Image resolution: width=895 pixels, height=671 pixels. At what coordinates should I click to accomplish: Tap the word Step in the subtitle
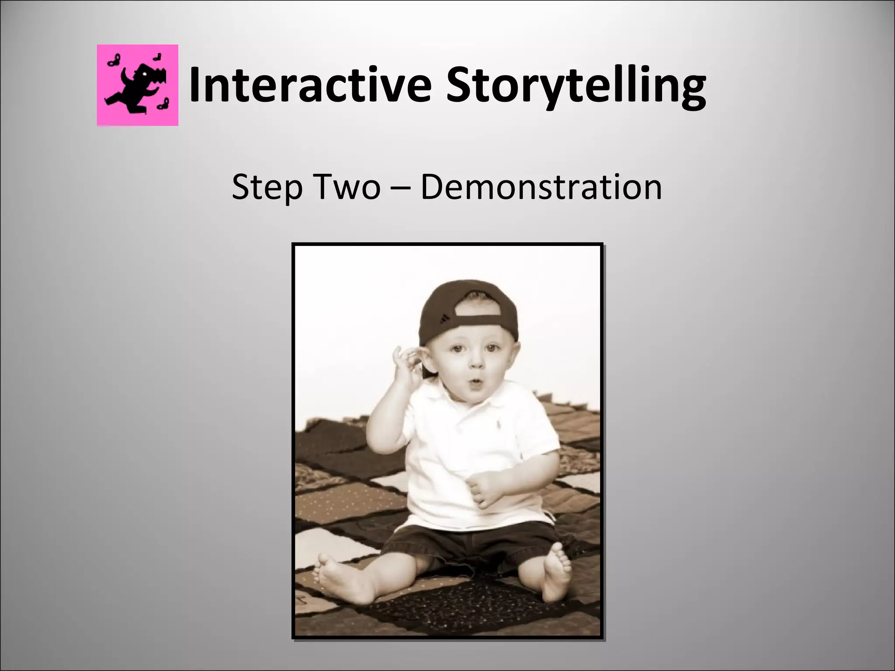(x=267, y=187)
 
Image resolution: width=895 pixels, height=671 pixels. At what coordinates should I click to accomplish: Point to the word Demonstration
(x=541, y=187)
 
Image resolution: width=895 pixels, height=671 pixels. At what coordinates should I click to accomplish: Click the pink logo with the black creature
(x=138, y=85)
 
